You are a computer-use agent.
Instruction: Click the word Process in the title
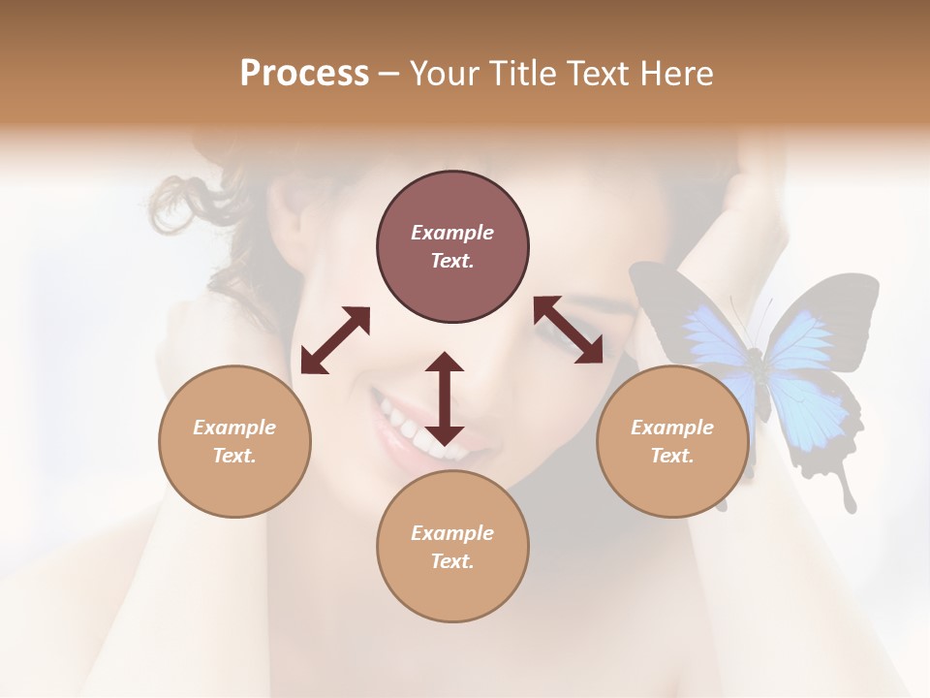[304, 74]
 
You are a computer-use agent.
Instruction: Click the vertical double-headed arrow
[445, 398]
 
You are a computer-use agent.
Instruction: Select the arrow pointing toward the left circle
[335, 340]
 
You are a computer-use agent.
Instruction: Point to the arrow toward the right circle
[568, 331]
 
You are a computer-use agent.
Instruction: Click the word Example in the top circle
[452, 233]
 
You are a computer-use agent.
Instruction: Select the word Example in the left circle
[234, 428]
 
